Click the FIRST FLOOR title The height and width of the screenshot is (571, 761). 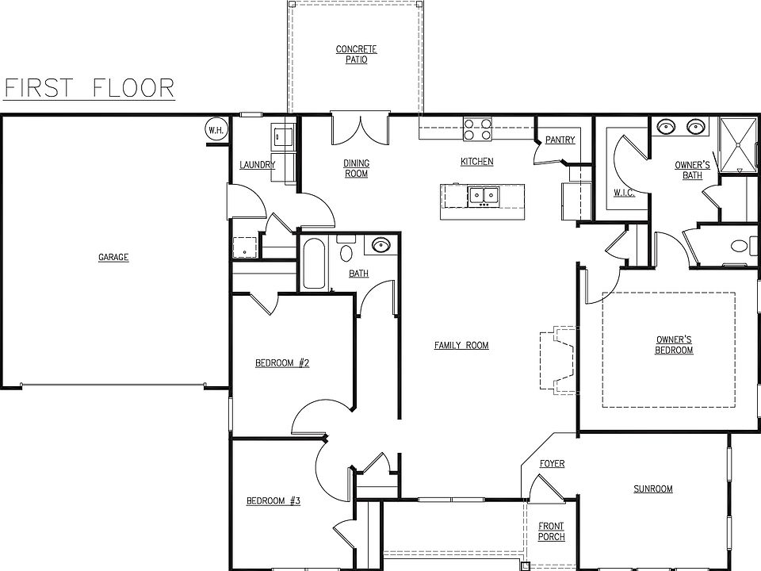point(90,87)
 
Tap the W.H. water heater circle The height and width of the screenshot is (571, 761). point(215,129)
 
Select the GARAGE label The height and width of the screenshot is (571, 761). point(113,257)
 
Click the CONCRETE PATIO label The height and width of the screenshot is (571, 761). point(356,55)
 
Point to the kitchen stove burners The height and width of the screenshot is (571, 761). point(477,129)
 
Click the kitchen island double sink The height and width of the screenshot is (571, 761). point(482,194)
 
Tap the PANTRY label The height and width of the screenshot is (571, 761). point(560,140)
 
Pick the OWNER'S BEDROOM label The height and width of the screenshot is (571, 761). point(675,345)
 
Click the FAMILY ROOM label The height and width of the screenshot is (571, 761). point(461,345)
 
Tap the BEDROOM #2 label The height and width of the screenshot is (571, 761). point(281,363)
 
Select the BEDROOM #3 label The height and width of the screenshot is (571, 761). point(273,500)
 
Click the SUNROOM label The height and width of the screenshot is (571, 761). point(652,489)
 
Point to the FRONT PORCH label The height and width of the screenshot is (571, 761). point(551,531)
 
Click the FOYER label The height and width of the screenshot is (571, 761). point(552,463)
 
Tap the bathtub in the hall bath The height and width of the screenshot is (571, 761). point(313,263)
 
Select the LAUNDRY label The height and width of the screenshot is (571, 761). point(257,165)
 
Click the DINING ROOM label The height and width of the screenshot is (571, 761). point(356,168)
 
